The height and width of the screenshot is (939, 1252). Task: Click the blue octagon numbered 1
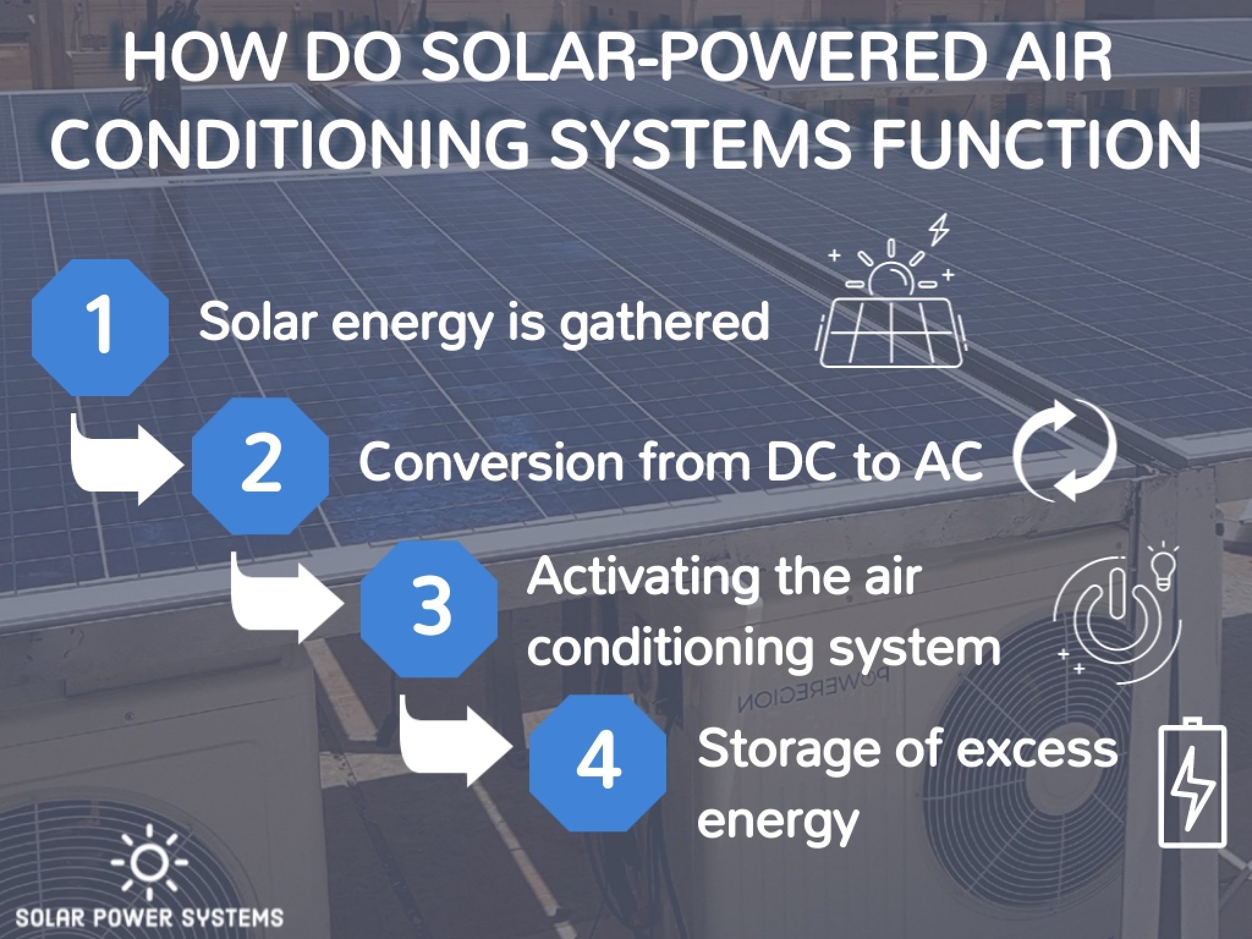pos(100,327)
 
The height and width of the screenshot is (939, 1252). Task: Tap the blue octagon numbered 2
pos(260,466)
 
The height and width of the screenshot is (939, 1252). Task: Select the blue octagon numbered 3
pos(429,609)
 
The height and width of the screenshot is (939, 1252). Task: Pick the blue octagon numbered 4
pos(598,763)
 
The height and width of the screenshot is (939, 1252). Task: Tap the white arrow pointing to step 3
pos(287,602)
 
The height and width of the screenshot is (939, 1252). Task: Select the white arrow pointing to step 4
pos(455,746)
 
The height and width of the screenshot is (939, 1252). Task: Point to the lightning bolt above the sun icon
pos(939,229)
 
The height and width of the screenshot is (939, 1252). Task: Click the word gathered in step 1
pos(665,323)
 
